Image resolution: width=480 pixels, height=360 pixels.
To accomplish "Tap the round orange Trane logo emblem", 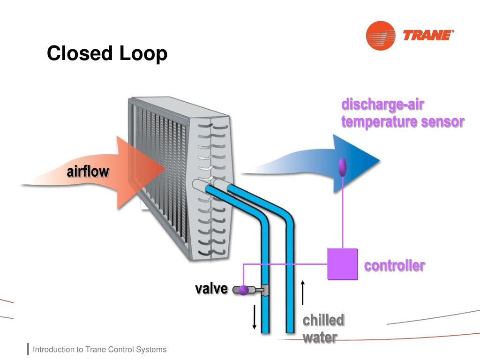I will pos(380,35).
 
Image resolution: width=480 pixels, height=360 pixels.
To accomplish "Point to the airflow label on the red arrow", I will pos(88,172).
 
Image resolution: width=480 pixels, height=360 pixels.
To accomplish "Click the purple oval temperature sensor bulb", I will pos(343,167).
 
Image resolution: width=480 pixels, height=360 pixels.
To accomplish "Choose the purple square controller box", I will pos(342,264).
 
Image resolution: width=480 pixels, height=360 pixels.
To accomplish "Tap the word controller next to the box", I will pos(395,266).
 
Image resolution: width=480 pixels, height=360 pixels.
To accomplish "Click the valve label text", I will pos(211,289).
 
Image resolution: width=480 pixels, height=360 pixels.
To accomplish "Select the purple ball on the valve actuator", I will pos(243,291).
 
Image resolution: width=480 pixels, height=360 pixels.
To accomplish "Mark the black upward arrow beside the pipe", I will pos(303,292).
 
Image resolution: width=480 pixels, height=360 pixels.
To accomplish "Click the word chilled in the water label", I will pos(323,321).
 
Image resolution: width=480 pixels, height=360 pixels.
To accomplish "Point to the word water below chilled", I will pos(320,337).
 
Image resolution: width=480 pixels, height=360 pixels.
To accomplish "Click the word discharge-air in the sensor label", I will pos(383,105).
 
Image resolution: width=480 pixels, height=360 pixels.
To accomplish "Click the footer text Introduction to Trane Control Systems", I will pos(99,350).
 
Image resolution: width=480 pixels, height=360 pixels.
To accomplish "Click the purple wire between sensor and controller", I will pos(343,211).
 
